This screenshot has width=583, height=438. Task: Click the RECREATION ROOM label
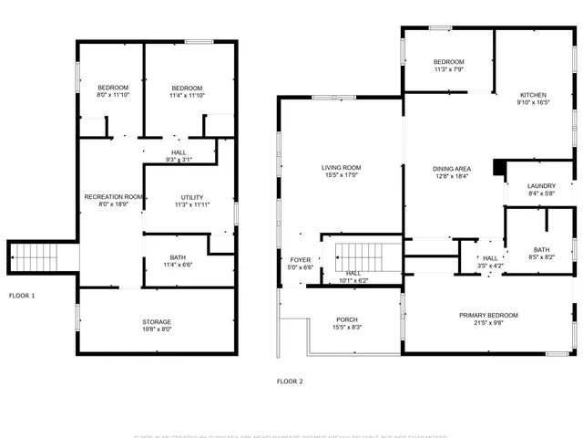114,197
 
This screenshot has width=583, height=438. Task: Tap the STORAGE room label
157,322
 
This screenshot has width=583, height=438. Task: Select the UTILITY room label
191,197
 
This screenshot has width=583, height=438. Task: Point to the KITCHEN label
534,95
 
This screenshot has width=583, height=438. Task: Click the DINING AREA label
451,169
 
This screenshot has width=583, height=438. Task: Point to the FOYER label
301,260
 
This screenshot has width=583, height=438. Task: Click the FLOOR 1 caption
22,296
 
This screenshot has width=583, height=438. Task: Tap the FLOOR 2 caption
290,381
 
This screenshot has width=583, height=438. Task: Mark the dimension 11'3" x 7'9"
449,69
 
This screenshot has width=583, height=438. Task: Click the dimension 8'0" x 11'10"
113,95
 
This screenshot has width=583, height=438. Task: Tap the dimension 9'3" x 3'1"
180,160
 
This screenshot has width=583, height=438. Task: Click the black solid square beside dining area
497,167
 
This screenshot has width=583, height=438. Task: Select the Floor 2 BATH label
542,250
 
